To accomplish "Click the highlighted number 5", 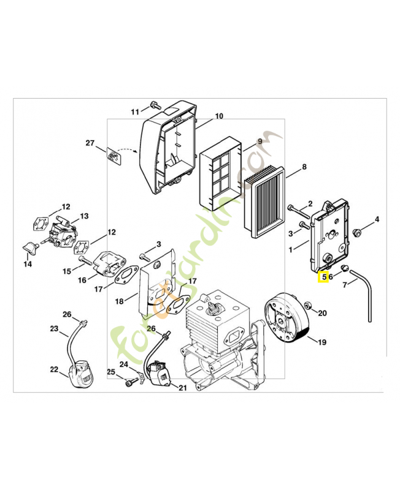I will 324,277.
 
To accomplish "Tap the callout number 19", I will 321,342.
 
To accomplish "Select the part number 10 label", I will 219,116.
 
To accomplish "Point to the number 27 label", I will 90,143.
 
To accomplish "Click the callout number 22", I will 54,369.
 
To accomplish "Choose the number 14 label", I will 28,265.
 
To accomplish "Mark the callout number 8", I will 304,167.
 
